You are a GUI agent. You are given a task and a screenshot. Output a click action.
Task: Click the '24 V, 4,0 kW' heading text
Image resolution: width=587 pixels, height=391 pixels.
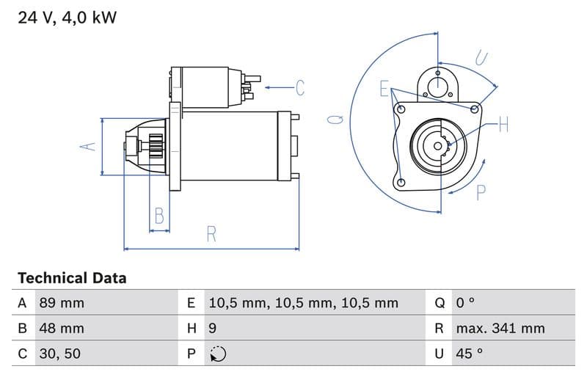[x=67, y=18]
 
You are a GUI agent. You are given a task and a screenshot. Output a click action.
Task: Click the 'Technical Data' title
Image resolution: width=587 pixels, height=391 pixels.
[x=72, y=278]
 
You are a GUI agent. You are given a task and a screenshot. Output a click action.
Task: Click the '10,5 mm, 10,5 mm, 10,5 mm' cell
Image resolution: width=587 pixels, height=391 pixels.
[x=303, y=303]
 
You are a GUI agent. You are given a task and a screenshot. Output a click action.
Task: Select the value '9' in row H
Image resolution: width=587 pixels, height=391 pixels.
[x=213, y=328]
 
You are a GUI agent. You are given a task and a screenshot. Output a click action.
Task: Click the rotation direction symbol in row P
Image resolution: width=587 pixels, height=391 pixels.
[x=218, y=354]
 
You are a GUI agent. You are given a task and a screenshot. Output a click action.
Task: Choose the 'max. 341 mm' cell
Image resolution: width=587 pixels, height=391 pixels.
[x=500, y=328]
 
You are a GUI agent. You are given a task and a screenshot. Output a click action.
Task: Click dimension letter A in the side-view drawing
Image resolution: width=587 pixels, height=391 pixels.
[x=88, y=146]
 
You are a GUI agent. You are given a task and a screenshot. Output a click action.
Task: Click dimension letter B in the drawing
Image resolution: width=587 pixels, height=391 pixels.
[x=158, y=216]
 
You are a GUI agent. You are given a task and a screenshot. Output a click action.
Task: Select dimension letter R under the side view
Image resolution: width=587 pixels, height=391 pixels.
[x=211, y=234]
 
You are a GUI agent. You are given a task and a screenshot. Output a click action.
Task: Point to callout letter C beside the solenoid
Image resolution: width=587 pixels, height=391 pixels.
[x=299, y=88]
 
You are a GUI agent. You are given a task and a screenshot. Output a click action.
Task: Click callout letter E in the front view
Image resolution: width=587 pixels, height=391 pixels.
[x=384, y=89]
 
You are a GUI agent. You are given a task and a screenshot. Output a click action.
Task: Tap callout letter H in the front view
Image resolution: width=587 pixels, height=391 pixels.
[x=503, y=125]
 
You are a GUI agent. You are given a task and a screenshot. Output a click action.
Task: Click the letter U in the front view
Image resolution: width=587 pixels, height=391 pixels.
[x=481, y=57]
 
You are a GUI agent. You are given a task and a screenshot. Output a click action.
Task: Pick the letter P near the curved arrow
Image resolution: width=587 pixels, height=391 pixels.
[x=481, y=193]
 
